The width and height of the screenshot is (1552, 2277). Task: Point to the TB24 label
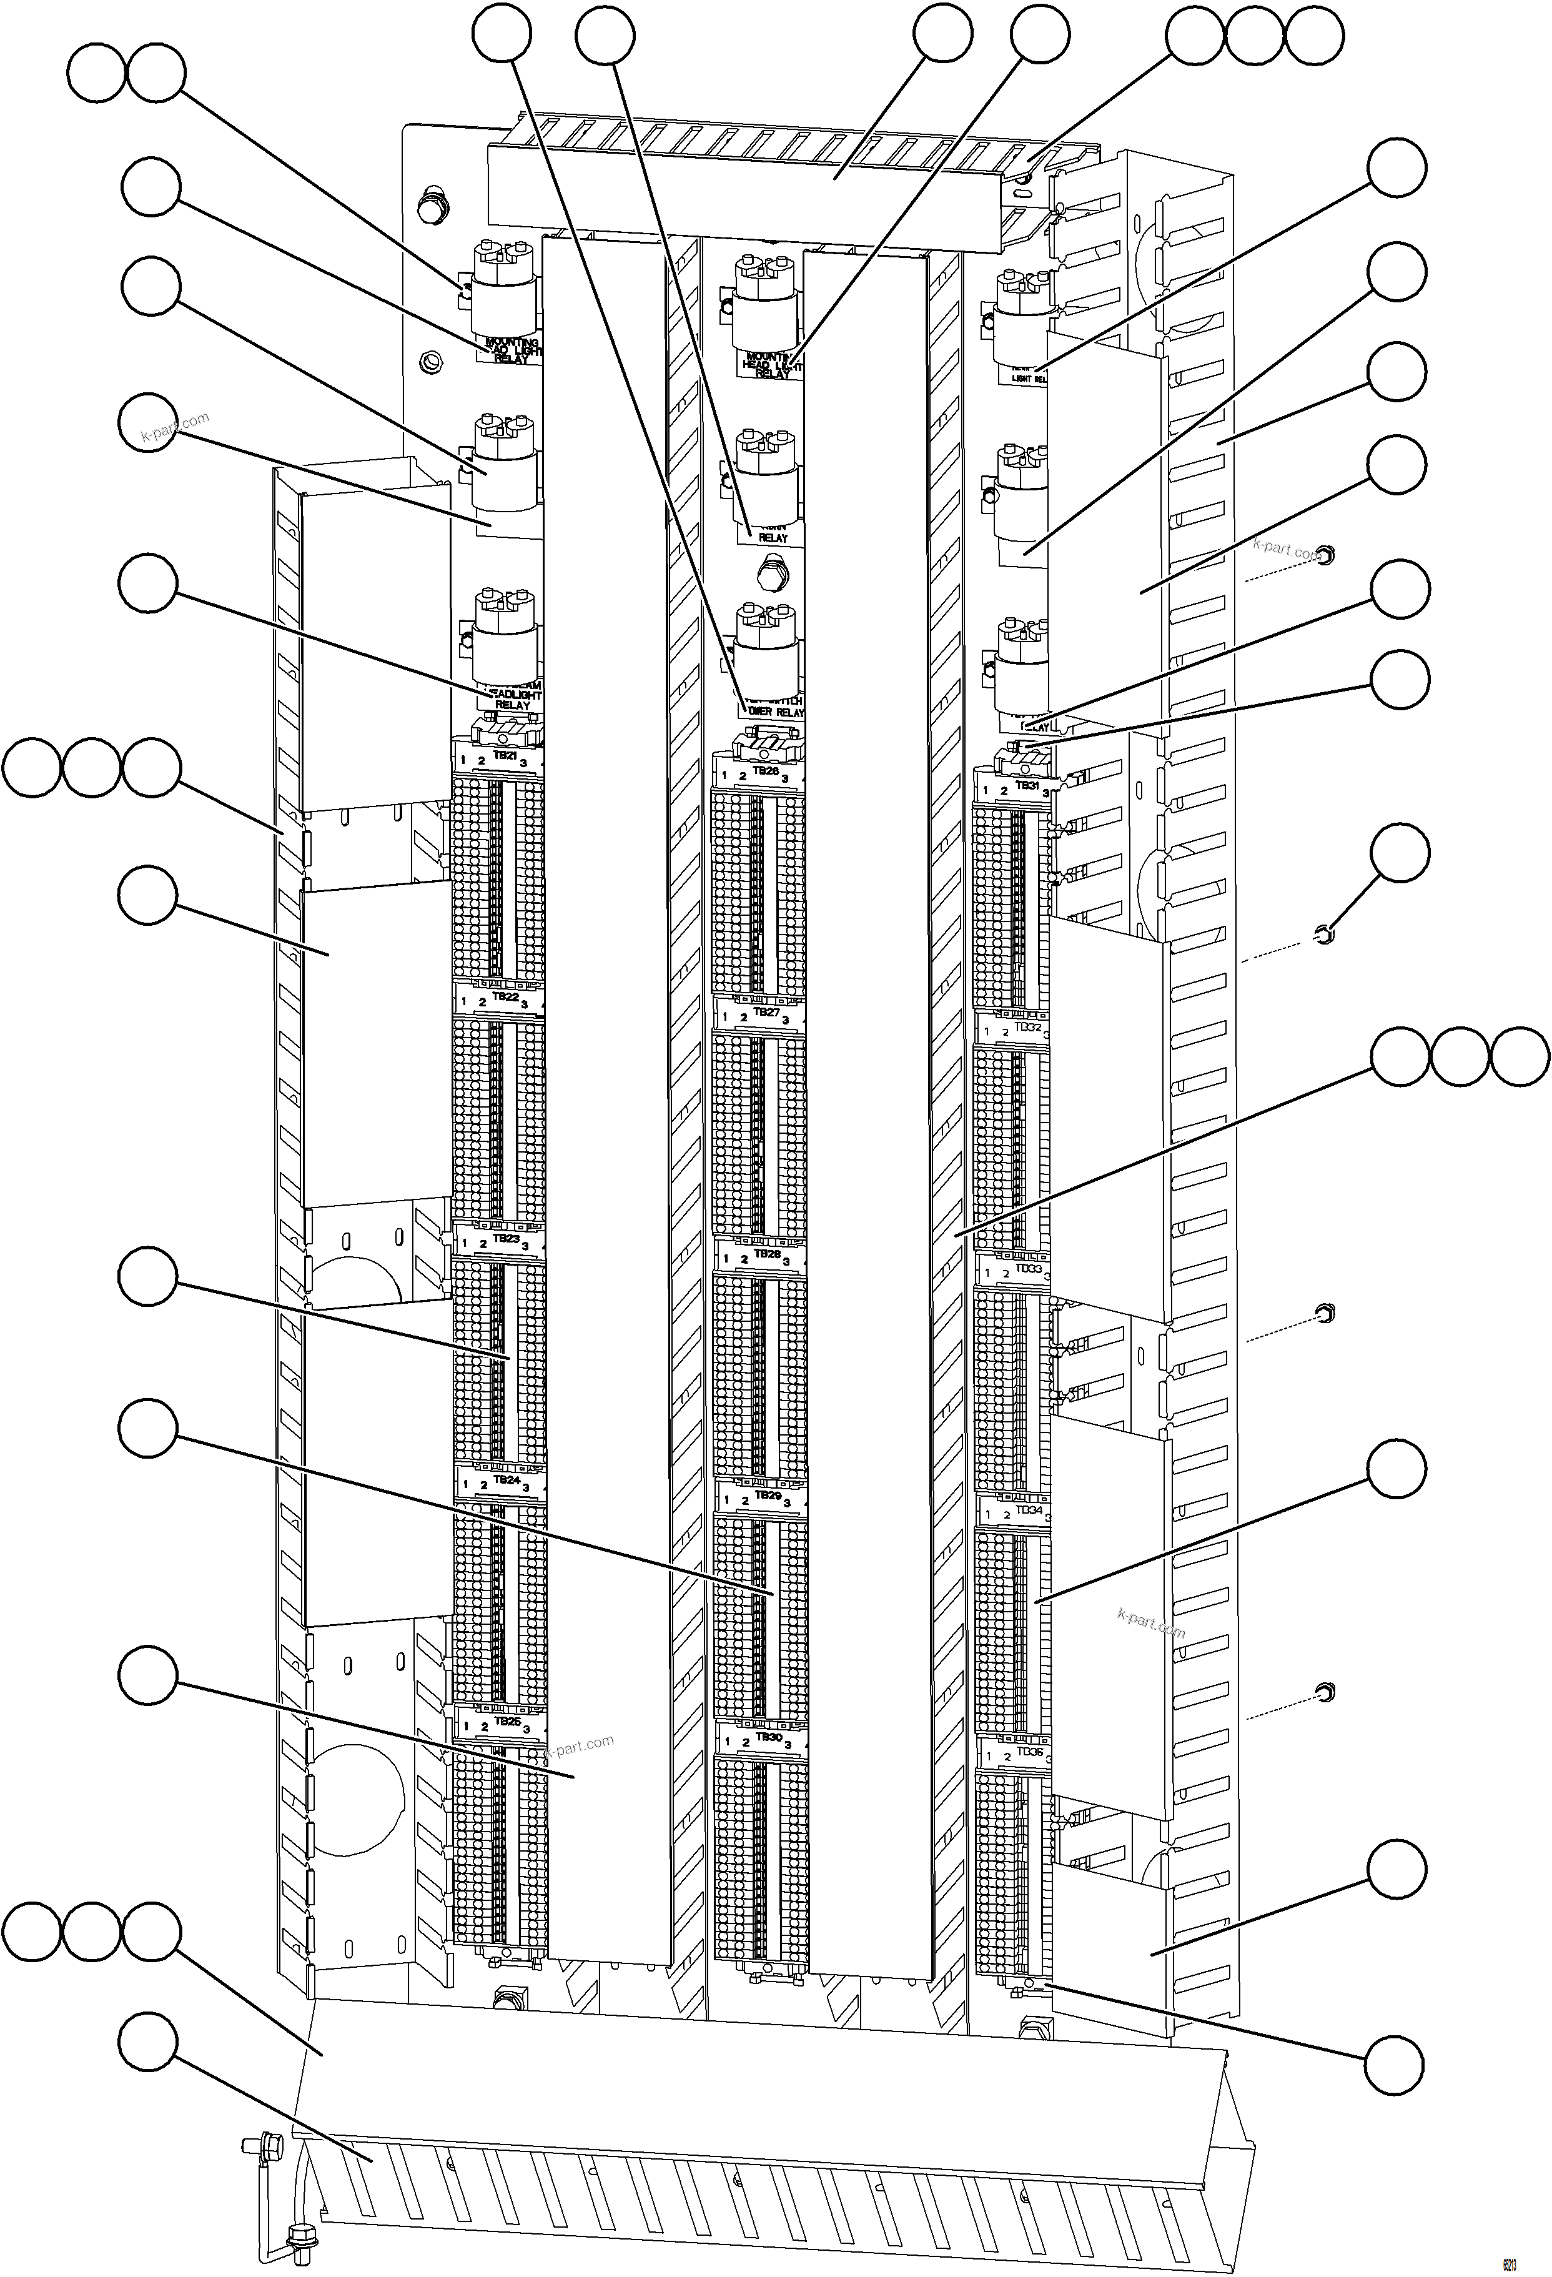(507, 1481)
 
